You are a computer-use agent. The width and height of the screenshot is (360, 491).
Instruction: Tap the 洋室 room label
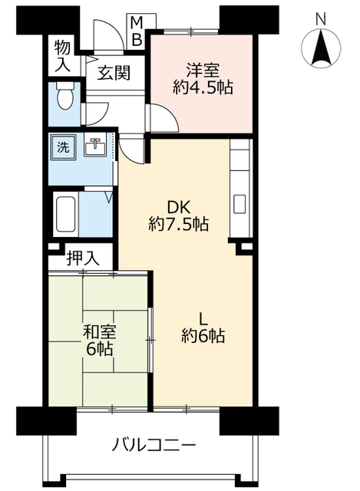click(202, 67)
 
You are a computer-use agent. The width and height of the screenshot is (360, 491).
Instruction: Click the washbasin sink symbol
click(94, 146)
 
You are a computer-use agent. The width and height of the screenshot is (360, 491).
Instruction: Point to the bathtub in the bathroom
click(64, 214)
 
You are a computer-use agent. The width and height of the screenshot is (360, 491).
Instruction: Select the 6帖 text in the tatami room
click(99, 350)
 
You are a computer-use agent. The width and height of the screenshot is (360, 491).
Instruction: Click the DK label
click(179, 206)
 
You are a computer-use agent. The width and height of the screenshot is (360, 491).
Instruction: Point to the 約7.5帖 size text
click(179, 225)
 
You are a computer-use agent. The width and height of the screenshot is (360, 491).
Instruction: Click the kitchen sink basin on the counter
click(239, 205)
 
